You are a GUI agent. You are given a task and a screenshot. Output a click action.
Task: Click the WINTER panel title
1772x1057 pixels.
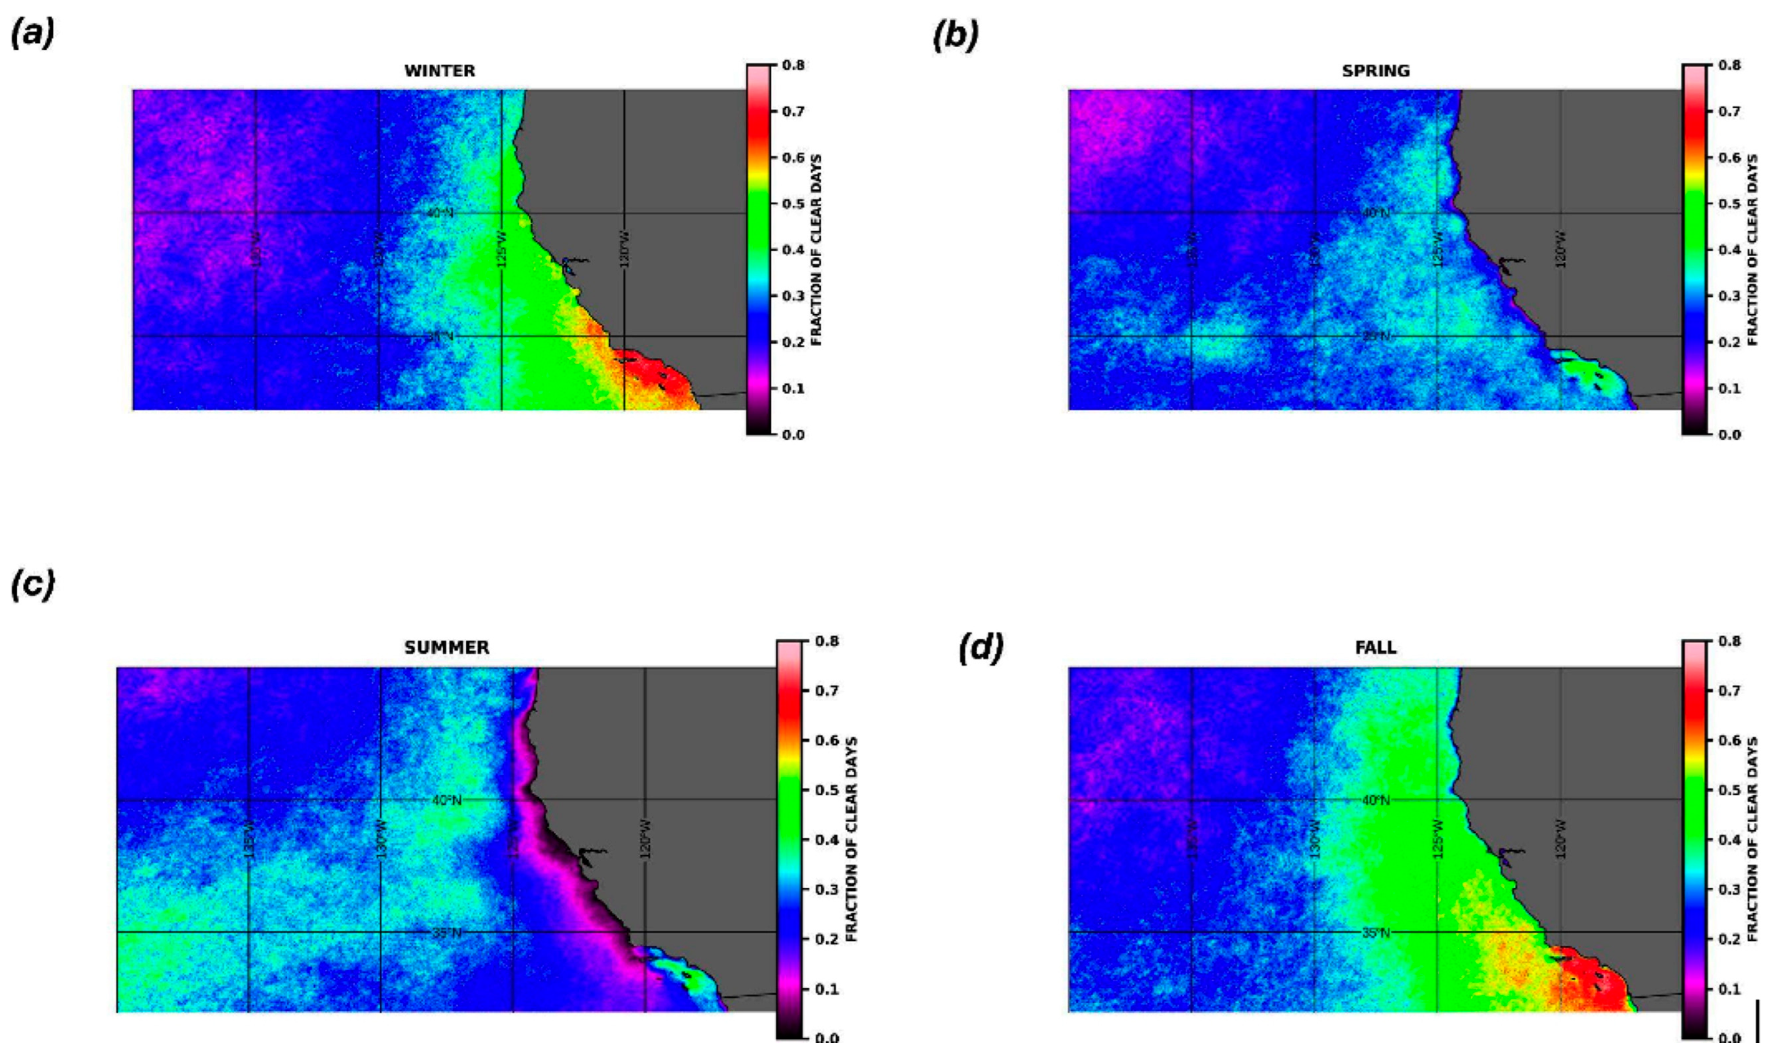(x=439, y=71)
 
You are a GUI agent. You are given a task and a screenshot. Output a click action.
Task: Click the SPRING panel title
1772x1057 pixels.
(x=1375, y=71)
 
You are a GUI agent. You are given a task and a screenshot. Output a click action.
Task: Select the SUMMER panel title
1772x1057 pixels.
(x=446, y=647)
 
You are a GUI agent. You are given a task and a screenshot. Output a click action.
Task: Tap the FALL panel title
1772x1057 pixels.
(x=1375, y=647)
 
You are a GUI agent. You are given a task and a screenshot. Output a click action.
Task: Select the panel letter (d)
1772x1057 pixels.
(x=980, y=648)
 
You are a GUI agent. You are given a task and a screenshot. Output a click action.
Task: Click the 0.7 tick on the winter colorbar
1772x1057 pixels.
(x=793, y=111)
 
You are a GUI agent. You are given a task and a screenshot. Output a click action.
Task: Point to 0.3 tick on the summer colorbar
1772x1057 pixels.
(x=826, y=890)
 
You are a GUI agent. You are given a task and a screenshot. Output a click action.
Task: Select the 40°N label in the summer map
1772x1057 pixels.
(x=446, y=800)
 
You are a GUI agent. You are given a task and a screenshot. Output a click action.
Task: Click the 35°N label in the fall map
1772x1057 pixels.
(x=1375, y=932)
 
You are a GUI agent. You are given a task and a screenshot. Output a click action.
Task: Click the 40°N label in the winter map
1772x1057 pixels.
(x=439, y=213)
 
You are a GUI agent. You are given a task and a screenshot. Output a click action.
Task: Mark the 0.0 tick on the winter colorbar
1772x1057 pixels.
(x=793, y=435)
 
